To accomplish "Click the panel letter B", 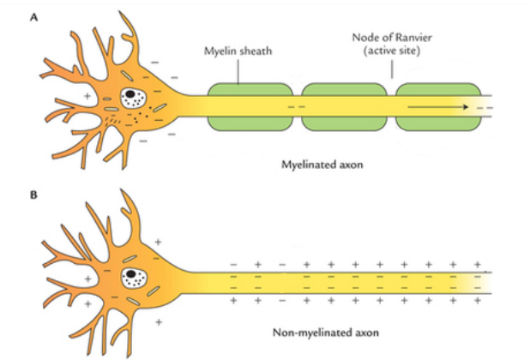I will (x=33, y=195).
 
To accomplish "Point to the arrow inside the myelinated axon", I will (x=437, y=107).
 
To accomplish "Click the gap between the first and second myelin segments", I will (x=297, y=106).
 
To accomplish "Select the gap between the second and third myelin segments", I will (x=390, y=106).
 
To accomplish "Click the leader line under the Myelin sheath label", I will (x=238, y=71).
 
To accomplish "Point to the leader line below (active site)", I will (x=391, y=71).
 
